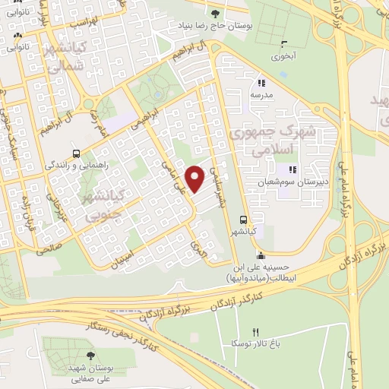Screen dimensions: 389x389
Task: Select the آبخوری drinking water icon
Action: point(284,43)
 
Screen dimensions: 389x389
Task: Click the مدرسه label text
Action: point(262,96)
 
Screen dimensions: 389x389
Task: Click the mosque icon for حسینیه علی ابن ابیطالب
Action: point(261,255)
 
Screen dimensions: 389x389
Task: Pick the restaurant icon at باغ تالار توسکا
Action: point(255,333)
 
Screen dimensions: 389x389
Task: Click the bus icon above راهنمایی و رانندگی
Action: point(76,152)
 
